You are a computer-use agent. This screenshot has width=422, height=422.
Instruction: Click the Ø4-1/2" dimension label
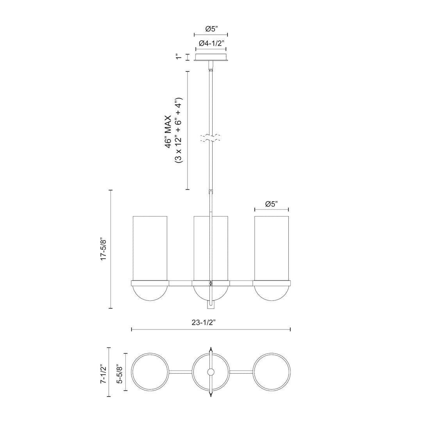211,43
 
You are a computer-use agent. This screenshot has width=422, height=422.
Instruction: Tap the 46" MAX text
168,131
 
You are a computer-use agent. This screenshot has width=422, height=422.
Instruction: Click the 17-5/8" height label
103,249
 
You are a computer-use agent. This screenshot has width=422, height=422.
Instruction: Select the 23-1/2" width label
204,323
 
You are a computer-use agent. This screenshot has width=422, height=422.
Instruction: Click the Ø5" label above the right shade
271,204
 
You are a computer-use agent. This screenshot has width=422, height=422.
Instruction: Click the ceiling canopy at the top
211,58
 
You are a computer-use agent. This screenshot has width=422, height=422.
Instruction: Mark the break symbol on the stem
211,138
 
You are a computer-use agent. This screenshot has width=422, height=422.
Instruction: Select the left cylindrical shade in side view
150,247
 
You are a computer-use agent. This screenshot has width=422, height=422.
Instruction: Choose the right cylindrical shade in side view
272,247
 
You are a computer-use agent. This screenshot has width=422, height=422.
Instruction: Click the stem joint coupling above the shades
211,193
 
